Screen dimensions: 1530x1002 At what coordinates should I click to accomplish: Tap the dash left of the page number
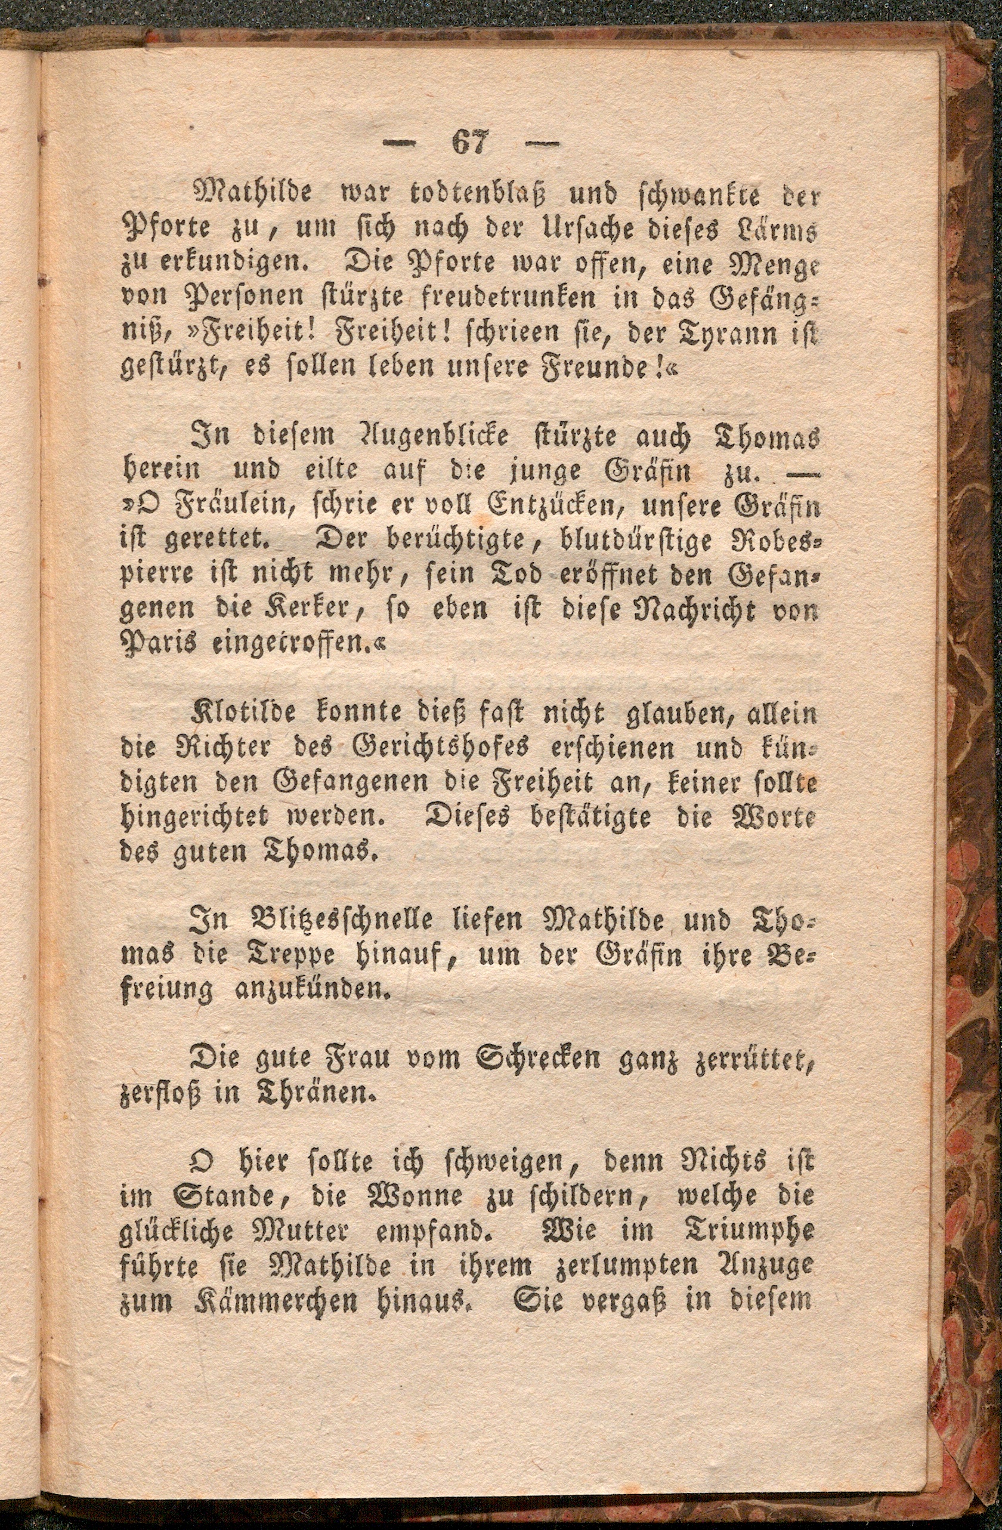(400, 144)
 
